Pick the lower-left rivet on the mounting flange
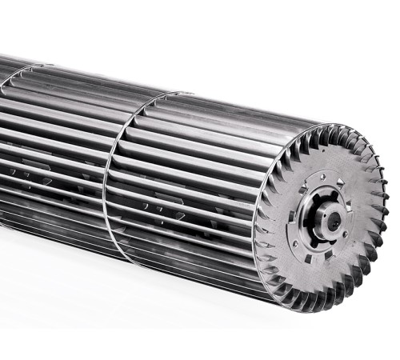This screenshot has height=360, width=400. click(294, 244)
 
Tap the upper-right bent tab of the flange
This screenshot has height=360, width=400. click(341, 182)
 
